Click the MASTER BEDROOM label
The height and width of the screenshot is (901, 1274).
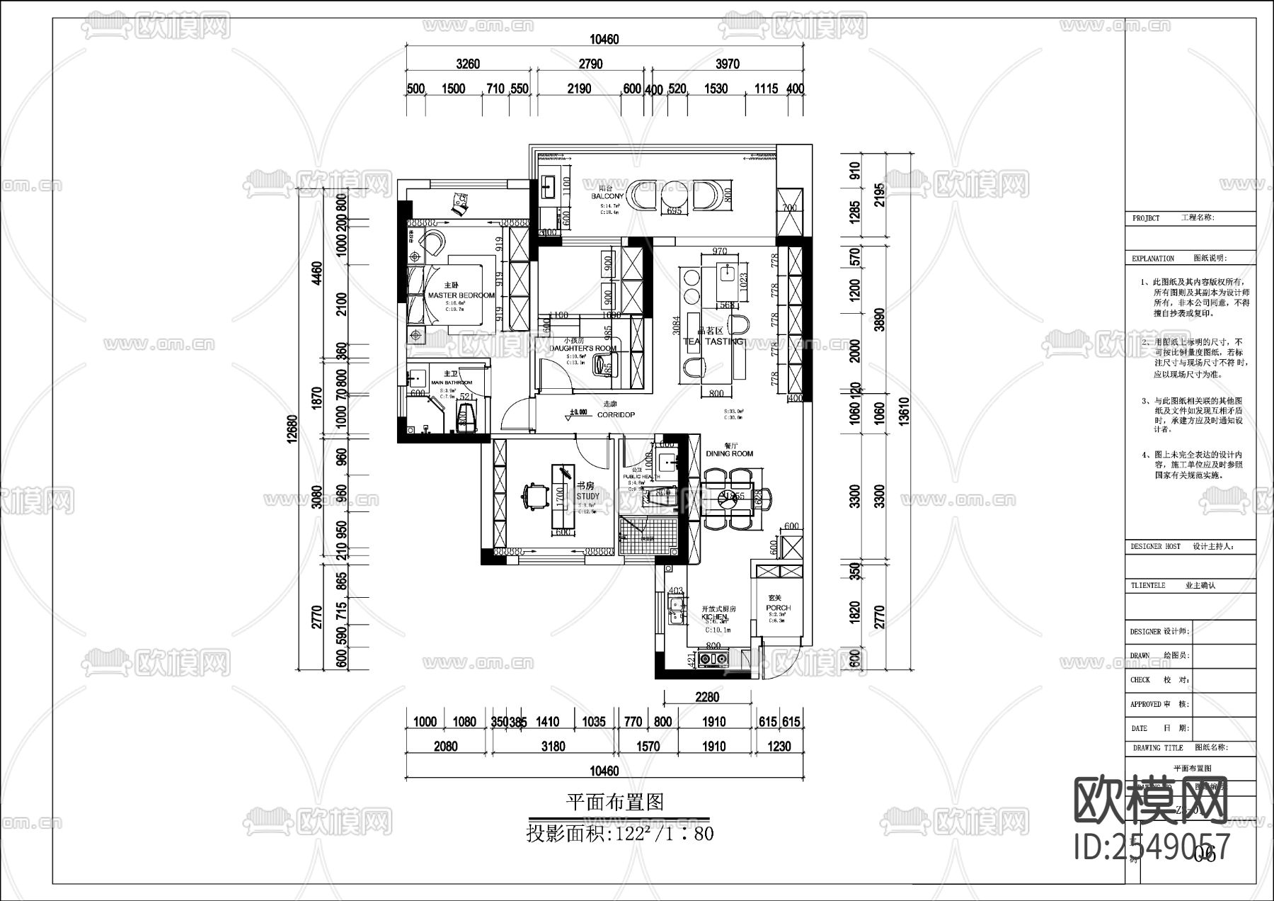pos(461,295)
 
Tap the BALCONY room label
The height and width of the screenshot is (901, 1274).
pos(608,196)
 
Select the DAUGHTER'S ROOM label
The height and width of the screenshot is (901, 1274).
pos(583,348)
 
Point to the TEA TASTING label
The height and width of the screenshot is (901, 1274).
pos(713,341)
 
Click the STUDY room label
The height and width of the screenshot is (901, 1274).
pos(587,496)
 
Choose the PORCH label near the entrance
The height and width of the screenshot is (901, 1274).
pos(778,608)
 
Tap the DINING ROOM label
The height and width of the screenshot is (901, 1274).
pos(729,453)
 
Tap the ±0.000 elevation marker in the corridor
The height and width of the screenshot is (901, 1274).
pos(579,412)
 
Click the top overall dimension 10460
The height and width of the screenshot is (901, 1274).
pos(603,40)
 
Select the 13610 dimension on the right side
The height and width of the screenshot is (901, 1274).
pos(903,411)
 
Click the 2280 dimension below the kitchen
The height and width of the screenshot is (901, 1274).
pos(706,697)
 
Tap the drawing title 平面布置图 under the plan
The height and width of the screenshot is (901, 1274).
pos(614,802)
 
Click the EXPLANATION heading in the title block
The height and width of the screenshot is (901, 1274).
pos(1152,259)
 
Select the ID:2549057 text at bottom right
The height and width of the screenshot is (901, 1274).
pos(1152,846)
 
